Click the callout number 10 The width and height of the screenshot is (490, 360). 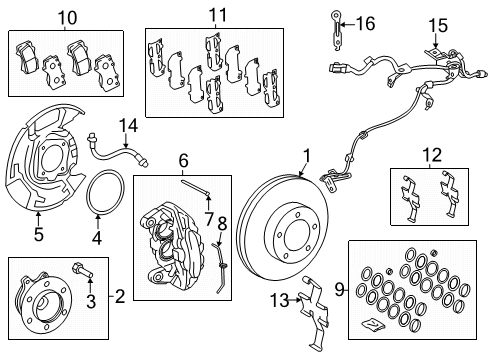pos(68,17)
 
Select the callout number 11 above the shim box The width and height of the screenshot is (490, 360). pos(217,15)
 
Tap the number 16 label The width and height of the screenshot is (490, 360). pos(365,24)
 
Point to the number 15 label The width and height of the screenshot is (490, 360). pos(438,26)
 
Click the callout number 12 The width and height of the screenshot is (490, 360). pos(432,155)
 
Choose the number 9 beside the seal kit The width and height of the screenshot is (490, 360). pos(339,289)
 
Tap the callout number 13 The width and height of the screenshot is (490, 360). pos(279,300)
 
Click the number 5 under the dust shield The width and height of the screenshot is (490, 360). pos(39,234)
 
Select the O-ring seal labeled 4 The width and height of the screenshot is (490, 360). pos(105,193)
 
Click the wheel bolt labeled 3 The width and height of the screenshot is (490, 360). pos(83,269)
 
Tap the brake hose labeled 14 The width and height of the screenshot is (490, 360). pos(118,153)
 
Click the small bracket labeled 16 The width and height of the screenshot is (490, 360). pos(337,31)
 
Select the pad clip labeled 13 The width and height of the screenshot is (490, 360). pos(314,313)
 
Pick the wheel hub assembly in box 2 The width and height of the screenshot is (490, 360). pos(42,303)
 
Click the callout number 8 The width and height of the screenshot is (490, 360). pos(222,224)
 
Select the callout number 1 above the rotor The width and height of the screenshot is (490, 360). pos(307,156)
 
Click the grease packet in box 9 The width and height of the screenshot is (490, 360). pos(373,325)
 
